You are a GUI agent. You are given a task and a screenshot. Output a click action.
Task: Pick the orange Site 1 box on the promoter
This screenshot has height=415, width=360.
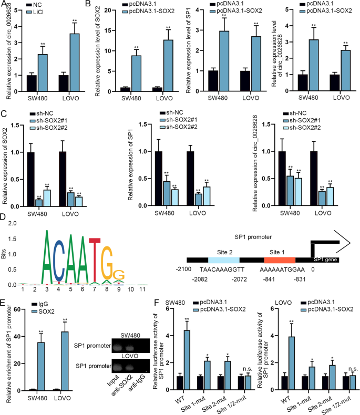click(x=279, y=260)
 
